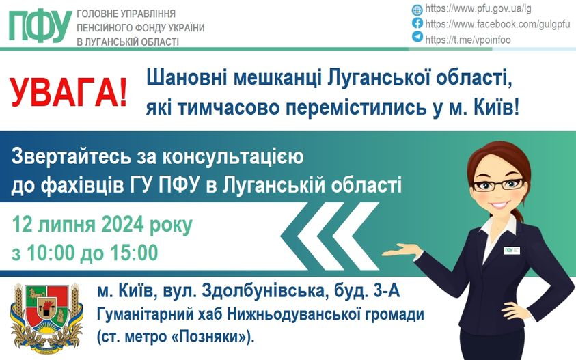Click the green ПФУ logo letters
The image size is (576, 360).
click(40, 26)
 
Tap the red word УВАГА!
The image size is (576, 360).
click(69, 92)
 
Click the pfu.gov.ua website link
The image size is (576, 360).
click(478, 9)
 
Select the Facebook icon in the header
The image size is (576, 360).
click(417, 23)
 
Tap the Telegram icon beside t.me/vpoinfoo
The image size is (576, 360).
click(417, 37)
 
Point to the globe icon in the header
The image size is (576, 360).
click(417, 10)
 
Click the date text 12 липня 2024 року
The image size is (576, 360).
click(102, 225)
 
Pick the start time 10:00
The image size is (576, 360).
click(51, 253)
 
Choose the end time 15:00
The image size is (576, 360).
click(134, 253)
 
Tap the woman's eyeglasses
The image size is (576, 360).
click(497, 184)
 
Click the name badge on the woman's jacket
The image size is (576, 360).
click(512, 251)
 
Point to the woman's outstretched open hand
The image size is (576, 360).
click(402, 251)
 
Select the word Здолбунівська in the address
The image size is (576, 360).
click(263, 292)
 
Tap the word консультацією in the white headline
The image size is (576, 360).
click(233, 156)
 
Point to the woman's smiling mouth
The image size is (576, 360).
click(499, 204)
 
